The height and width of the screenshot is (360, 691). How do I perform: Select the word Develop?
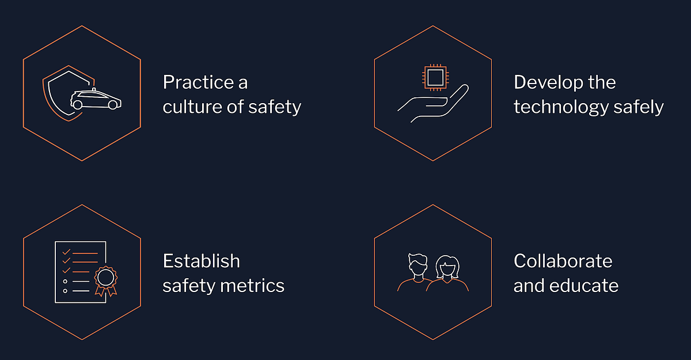pos(548,82)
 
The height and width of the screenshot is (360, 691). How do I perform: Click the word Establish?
pos(201,261)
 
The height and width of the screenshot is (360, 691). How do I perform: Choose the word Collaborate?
pos(563,261)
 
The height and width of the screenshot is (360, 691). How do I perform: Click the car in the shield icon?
pos(96,100)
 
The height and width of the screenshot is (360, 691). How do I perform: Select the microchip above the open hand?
pos(435,77)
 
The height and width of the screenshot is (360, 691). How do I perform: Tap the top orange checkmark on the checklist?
pos(66,252)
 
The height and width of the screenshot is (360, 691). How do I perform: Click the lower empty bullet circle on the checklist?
pos(66,291)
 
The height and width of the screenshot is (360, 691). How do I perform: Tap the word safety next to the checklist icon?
pos(185,286)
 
